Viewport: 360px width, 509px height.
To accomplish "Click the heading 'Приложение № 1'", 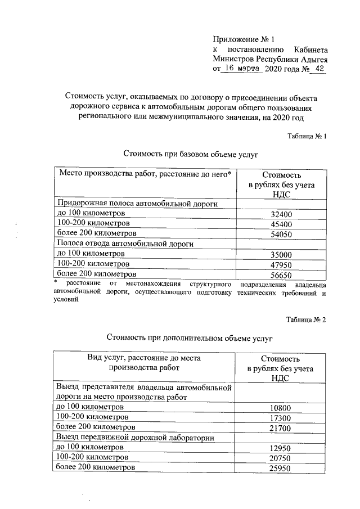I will coord(244,39).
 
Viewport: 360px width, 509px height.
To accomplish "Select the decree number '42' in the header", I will coord(321,68).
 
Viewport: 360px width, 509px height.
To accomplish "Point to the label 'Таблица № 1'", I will coord(307,136).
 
